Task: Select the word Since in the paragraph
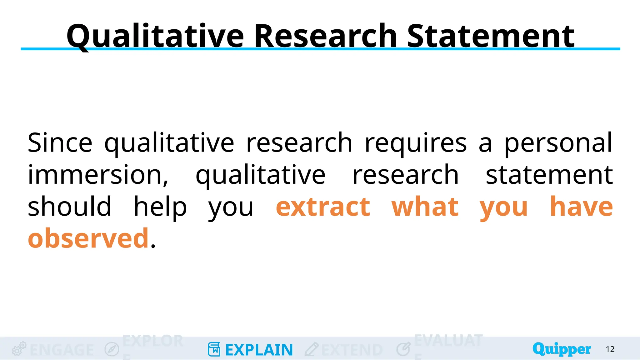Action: [x=60, y=143]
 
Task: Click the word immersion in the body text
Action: [x=97, y=175]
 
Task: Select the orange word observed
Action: [x=88, y=238]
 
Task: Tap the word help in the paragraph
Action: [x=160, y=207]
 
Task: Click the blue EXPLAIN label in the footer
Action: [x=259, y=350]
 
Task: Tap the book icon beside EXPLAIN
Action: [x=214, y=349]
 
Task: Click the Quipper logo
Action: [x=562, y=349]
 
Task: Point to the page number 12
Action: [x=610, y=349]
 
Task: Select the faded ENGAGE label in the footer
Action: [x=62, y=350]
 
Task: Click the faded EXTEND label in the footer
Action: [x=352, y=350]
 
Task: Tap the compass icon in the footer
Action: [x=112, y=349]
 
